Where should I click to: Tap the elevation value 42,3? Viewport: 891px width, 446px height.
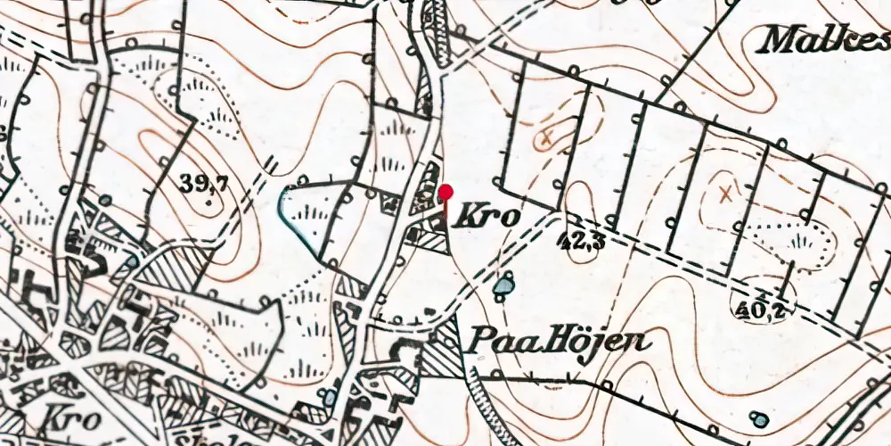pyautogui.click(x=581, y=239)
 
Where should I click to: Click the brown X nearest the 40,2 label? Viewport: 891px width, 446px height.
pyautogui.click(x=727, y=191)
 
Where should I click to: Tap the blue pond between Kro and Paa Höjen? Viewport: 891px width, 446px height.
pyautogui.click(x=505, y=285)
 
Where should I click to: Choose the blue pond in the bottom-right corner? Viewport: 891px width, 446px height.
pyautogui.click(x=758, y=418)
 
